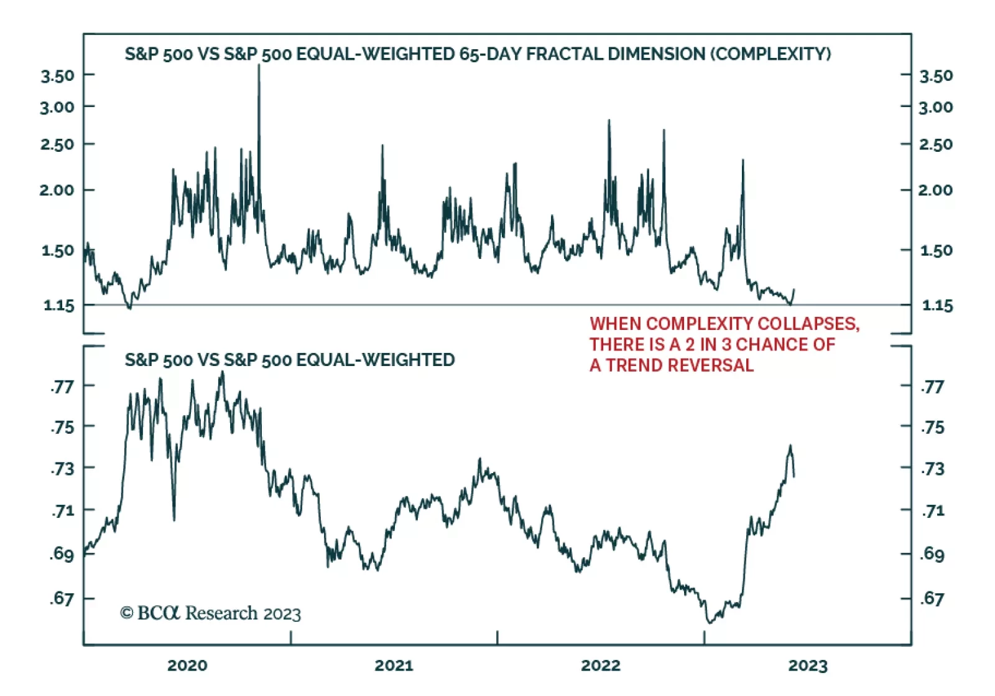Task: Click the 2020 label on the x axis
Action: [x=187, y=665]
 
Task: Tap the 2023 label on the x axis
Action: [x=808, y=665]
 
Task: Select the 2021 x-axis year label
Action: [x=394, y=665]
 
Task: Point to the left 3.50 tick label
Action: [x=57, y=76]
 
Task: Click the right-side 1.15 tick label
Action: [x=937, y=306]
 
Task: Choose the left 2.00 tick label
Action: [x=57, y=190]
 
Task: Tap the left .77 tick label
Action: [x=62, y=387]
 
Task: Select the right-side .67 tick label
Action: [x=932, y=599]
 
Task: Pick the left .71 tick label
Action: [x=62, y=511]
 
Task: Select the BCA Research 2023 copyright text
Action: [x=210, y=614]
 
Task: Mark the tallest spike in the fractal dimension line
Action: [x=259, y=66]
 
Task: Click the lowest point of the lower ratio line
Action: [x=709, y=622]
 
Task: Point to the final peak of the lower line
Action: [x=790, y=446]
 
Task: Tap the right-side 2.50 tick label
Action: [x=936, y=144]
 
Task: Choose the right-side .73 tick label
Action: [x=932, y=469]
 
